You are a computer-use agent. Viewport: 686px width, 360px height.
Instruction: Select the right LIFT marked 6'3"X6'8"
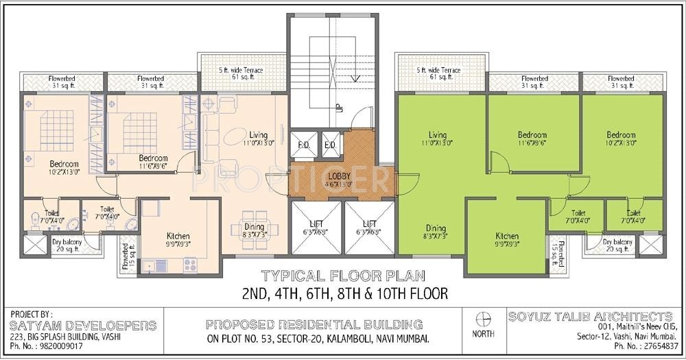pos(370,224)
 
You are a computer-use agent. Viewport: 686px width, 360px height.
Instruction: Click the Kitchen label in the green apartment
pos(507,236)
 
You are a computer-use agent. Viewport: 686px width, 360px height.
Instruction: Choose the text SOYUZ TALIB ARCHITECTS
pos(591,316)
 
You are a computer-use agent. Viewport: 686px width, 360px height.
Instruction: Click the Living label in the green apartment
pos(437,134)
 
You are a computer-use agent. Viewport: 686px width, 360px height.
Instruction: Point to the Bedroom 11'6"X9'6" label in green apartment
pos(532,135)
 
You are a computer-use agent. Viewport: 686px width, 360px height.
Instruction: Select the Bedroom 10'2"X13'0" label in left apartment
pos(63,165)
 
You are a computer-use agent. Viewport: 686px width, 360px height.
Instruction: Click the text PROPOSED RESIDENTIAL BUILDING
pos(314,324)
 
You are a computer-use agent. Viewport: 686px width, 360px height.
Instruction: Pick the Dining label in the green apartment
pos(436,228)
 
